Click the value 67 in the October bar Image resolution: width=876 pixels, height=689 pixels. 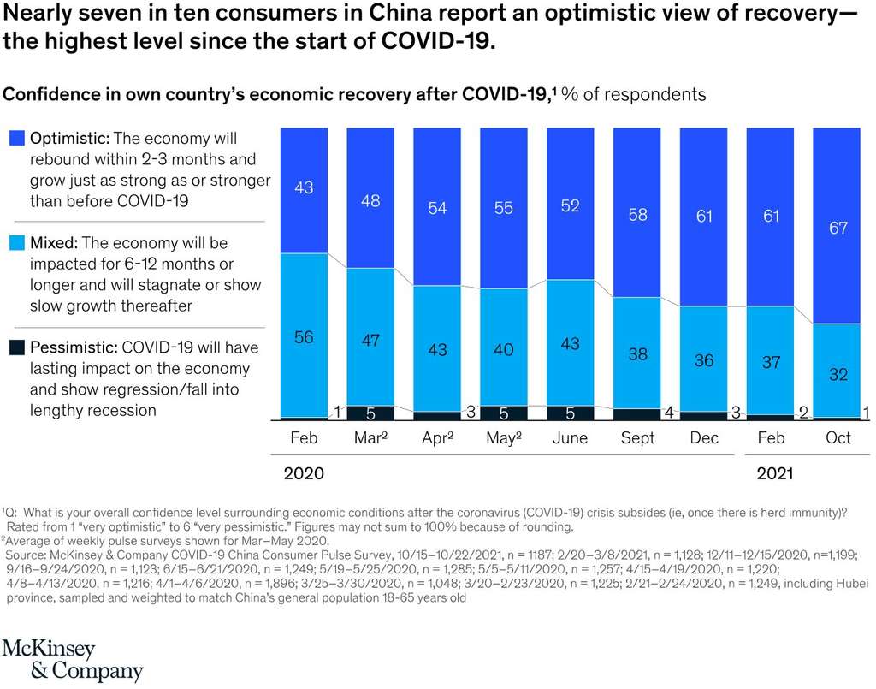838,229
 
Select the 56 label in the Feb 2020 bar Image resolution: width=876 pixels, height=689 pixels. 304,337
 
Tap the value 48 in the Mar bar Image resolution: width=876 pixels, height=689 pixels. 370,202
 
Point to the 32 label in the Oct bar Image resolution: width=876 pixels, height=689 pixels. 838,374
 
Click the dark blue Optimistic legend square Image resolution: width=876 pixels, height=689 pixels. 16,139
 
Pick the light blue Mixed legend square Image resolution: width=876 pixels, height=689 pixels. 16,244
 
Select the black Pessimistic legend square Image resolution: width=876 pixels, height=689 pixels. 16,348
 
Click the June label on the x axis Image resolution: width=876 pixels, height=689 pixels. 571,438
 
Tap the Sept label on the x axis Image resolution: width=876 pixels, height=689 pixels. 637,438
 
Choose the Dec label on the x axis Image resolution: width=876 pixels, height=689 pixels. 704,438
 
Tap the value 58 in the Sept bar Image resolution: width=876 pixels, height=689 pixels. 637,215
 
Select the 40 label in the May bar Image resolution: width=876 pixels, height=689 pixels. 504,349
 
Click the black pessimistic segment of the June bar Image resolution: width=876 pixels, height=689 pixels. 571,413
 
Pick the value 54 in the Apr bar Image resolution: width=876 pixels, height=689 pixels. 437,208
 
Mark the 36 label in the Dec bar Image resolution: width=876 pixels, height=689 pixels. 704,360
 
